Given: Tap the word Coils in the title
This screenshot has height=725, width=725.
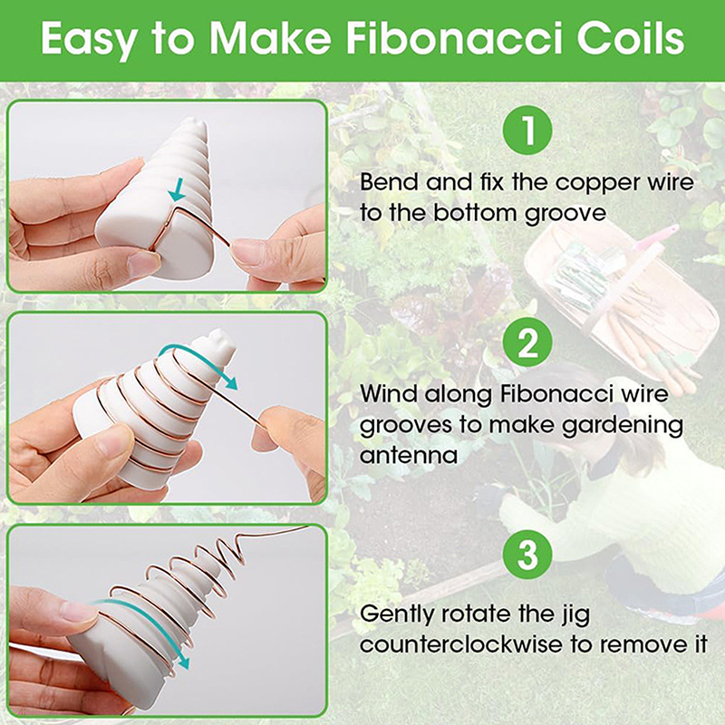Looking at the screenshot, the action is click(x=631, y=38).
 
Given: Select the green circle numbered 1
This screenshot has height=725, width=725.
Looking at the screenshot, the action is click(x=527, y=130).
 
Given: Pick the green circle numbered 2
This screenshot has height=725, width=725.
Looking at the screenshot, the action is click(x=527, y=343).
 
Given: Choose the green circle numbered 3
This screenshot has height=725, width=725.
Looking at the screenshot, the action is click(x=527, y=554).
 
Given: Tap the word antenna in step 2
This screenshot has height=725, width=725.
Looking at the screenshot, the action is click(x=409, y=456).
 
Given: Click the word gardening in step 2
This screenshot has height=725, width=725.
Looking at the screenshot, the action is click(x=623, y=426).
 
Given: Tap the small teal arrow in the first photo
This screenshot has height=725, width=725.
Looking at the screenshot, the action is click(x=177, y=190).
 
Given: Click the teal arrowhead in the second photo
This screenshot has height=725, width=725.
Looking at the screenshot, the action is click(x=230, y=382).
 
